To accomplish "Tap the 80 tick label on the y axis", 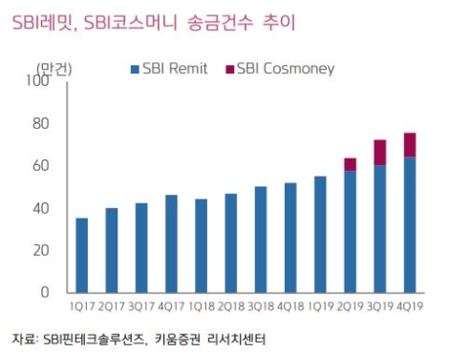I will [x=40, y=124].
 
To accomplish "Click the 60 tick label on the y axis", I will [x=40, y=166].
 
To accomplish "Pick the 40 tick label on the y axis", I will [x=40, y=208].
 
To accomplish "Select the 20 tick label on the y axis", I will [x=40, y=250].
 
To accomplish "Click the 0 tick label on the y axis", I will [x=44, y=292].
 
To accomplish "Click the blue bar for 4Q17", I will [x=171, y=244].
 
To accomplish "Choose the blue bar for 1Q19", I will [x=320, y=234].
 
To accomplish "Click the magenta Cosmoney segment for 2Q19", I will [x=350, y=164].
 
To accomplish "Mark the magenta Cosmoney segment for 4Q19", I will [x=409, y=145].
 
